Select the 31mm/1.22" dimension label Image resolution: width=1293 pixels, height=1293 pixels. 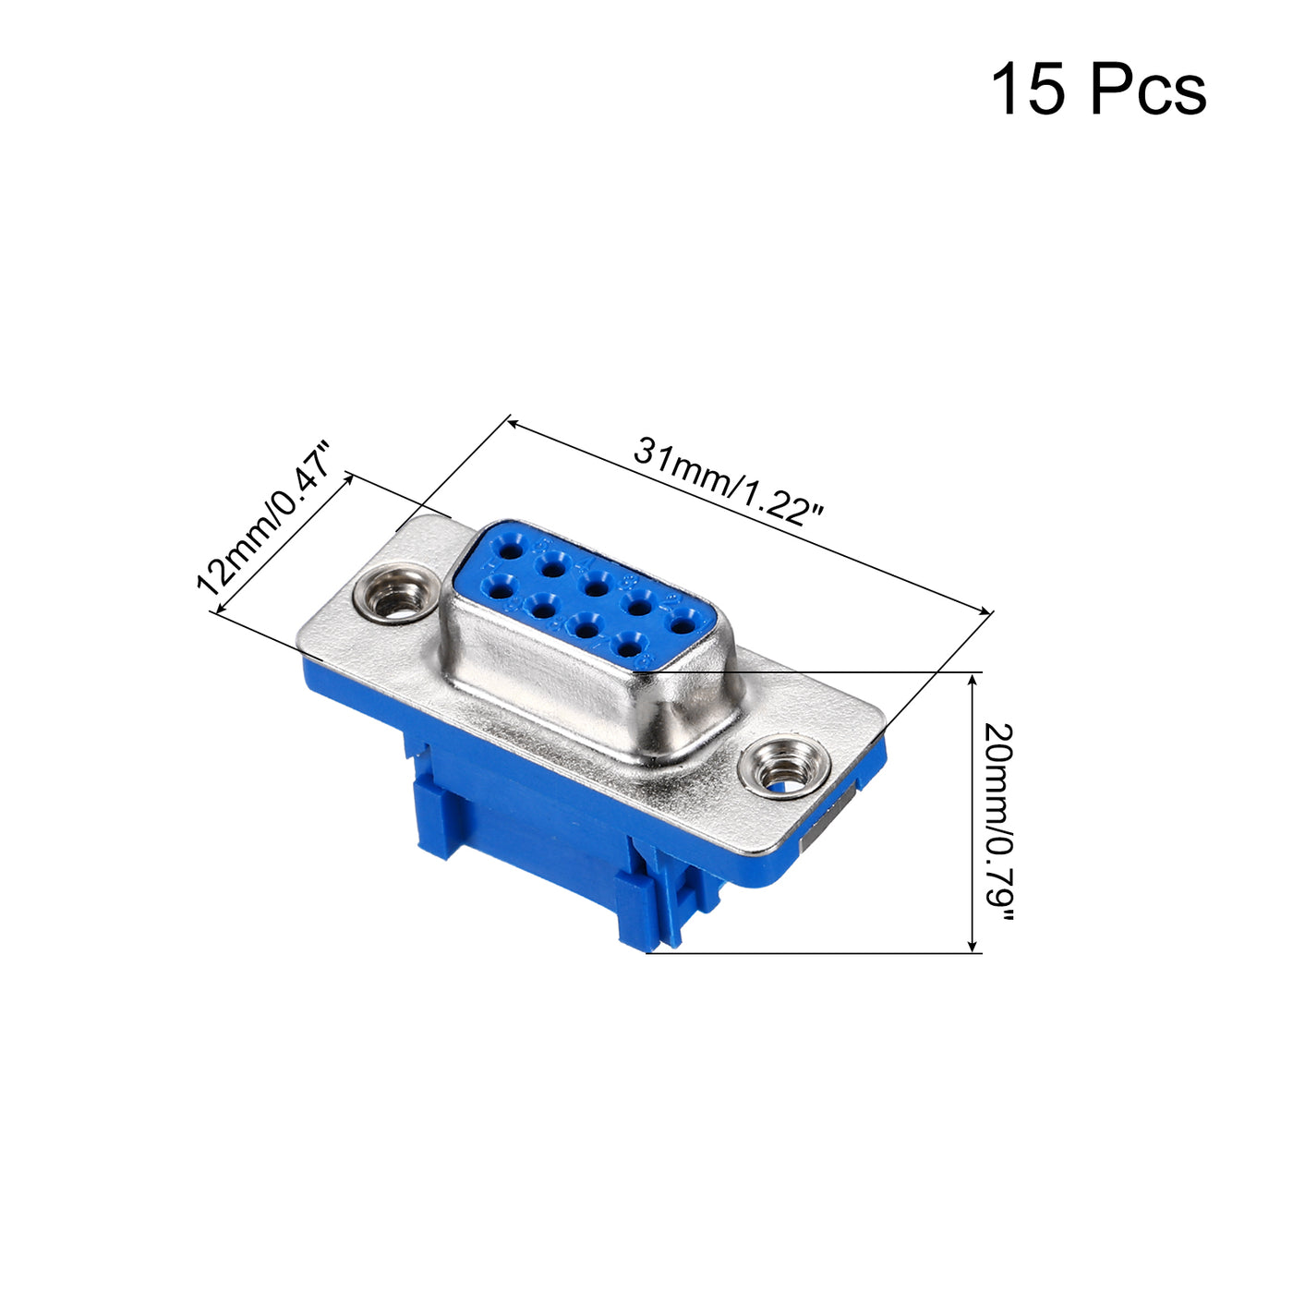tap(728, 480)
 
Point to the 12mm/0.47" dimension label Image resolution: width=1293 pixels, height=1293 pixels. tap(264, 517)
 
